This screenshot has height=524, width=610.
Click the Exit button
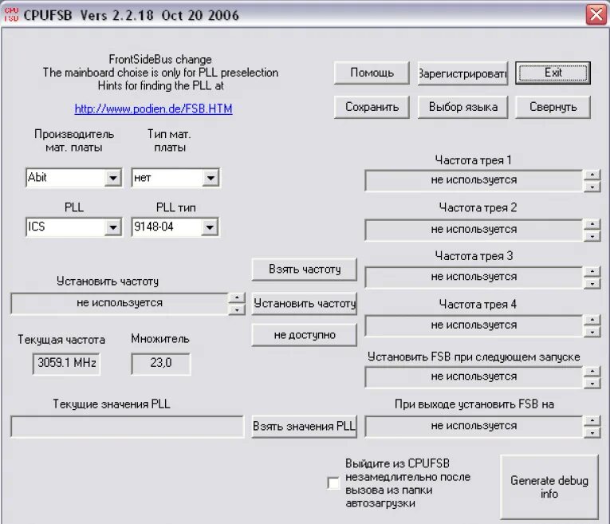(553, 73)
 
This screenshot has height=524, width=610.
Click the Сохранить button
(372, 107)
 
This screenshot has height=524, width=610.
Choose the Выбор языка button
(462, 107)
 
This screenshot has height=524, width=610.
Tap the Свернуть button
(553, 107)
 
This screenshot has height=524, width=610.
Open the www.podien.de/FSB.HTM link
(153, 108)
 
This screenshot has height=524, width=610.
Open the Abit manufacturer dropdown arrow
(112, 178)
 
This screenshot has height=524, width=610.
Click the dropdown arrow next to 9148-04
(209, 227)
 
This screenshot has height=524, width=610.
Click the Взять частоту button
(304, 270)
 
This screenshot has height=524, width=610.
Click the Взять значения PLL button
(304, 427)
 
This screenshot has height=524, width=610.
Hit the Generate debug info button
(549, 487)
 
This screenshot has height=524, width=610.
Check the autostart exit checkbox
(333, 483)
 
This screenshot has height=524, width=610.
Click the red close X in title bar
(596, 14)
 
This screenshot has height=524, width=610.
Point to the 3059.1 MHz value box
(67, 364)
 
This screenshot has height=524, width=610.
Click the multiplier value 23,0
(161, 364)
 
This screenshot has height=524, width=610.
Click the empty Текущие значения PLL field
(127, 427)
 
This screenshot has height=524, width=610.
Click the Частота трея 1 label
(474, 160)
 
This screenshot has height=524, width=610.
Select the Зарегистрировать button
(462, 73)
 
